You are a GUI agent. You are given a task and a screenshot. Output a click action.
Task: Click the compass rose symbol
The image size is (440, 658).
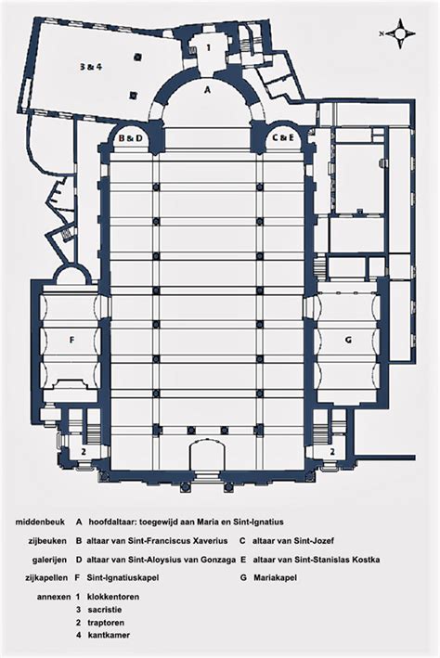[401, 34]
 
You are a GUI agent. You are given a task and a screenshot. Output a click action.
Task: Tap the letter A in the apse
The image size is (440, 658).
[206, 89]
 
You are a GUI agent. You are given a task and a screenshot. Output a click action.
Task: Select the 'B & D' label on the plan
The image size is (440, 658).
[131, 137]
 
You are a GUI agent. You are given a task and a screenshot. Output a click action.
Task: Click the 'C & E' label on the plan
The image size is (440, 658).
[283, 137]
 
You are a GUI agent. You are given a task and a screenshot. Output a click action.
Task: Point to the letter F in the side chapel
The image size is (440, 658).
[71, 341]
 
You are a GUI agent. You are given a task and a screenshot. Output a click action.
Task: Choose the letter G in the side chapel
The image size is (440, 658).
[348, 340]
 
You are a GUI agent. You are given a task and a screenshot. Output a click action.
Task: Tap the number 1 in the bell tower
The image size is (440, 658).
[208, 48]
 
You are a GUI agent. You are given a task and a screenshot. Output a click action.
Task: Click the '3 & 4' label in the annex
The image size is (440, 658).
[91, 66]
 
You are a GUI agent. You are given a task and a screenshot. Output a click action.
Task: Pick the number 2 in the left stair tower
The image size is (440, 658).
[84, 452]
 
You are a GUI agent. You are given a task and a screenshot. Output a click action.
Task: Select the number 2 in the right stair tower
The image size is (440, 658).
[332, 452]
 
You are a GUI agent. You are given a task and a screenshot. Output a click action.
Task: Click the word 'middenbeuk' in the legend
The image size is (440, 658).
[40, 523]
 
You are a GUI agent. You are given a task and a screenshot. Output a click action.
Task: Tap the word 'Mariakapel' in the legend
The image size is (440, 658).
[275, 578]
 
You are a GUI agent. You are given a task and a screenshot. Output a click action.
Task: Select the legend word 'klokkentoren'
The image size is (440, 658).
[113, 597]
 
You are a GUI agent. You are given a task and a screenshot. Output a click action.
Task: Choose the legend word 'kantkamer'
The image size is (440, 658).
[109, 636]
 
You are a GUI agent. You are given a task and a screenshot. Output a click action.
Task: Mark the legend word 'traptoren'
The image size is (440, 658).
[106, 623]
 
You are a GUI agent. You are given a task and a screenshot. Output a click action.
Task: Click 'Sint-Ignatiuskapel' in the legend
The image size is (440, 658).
[123, 578]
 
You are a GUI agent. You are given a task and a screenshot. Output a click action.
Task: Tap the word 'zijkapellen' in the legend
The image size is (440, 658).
[46, 578]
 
